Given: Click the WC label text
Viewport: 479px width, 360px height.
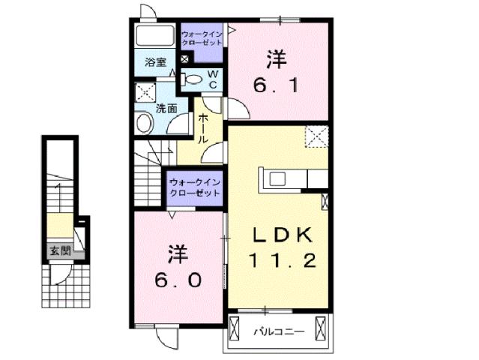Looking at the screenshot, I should pos(212,79).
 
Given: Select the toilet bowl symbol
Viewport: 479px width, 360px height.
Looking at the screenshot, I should pos(193,79).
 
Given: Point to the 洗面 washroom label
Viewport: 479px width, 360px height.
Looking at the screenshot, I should pos(166,108).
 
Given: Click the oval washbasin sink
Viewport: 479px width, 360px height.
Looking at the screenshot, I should pos(144,124).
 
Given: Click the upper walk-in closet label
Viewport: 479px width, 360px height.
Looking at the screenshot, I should pos(202,38).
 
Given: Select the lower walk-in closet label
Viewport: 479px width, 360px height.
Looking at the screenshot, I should pos(194,187).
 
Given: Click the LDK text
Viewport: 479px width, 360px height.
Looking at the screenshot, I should pos(281,235).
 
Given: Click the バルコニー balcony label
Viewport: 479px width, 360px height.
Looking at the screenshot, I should pos(277,330).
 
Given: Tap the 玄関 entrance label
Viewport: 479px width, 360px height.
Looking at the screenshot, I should pos(60,251).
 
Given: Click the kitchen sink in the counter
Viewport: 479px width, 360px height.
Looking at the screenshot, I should pos(277,178).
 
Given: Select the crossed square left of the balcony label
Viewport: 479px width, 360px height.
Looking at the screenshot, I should pos(235,329).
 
